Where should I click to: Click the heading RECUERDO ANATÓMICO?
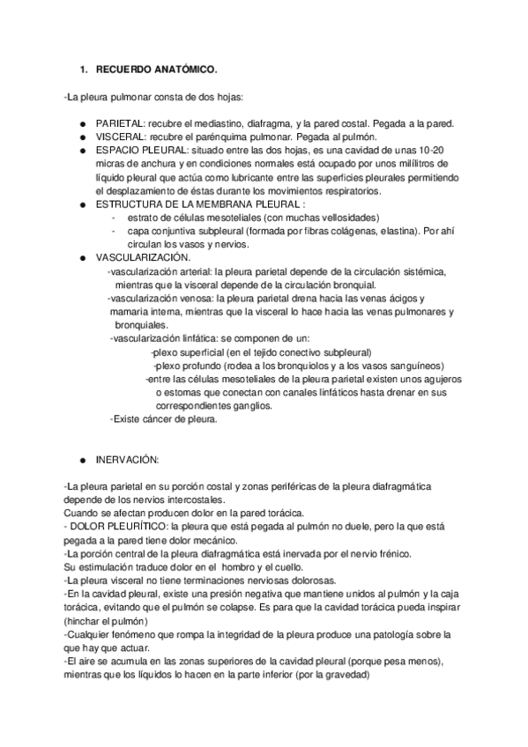click(156, 68)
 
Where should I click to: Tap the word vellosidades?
click(326, 217)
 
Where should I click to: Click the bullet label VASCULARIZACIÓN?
click(143, 257)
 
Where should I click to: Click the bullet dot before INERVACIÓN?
click(82, 460)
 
